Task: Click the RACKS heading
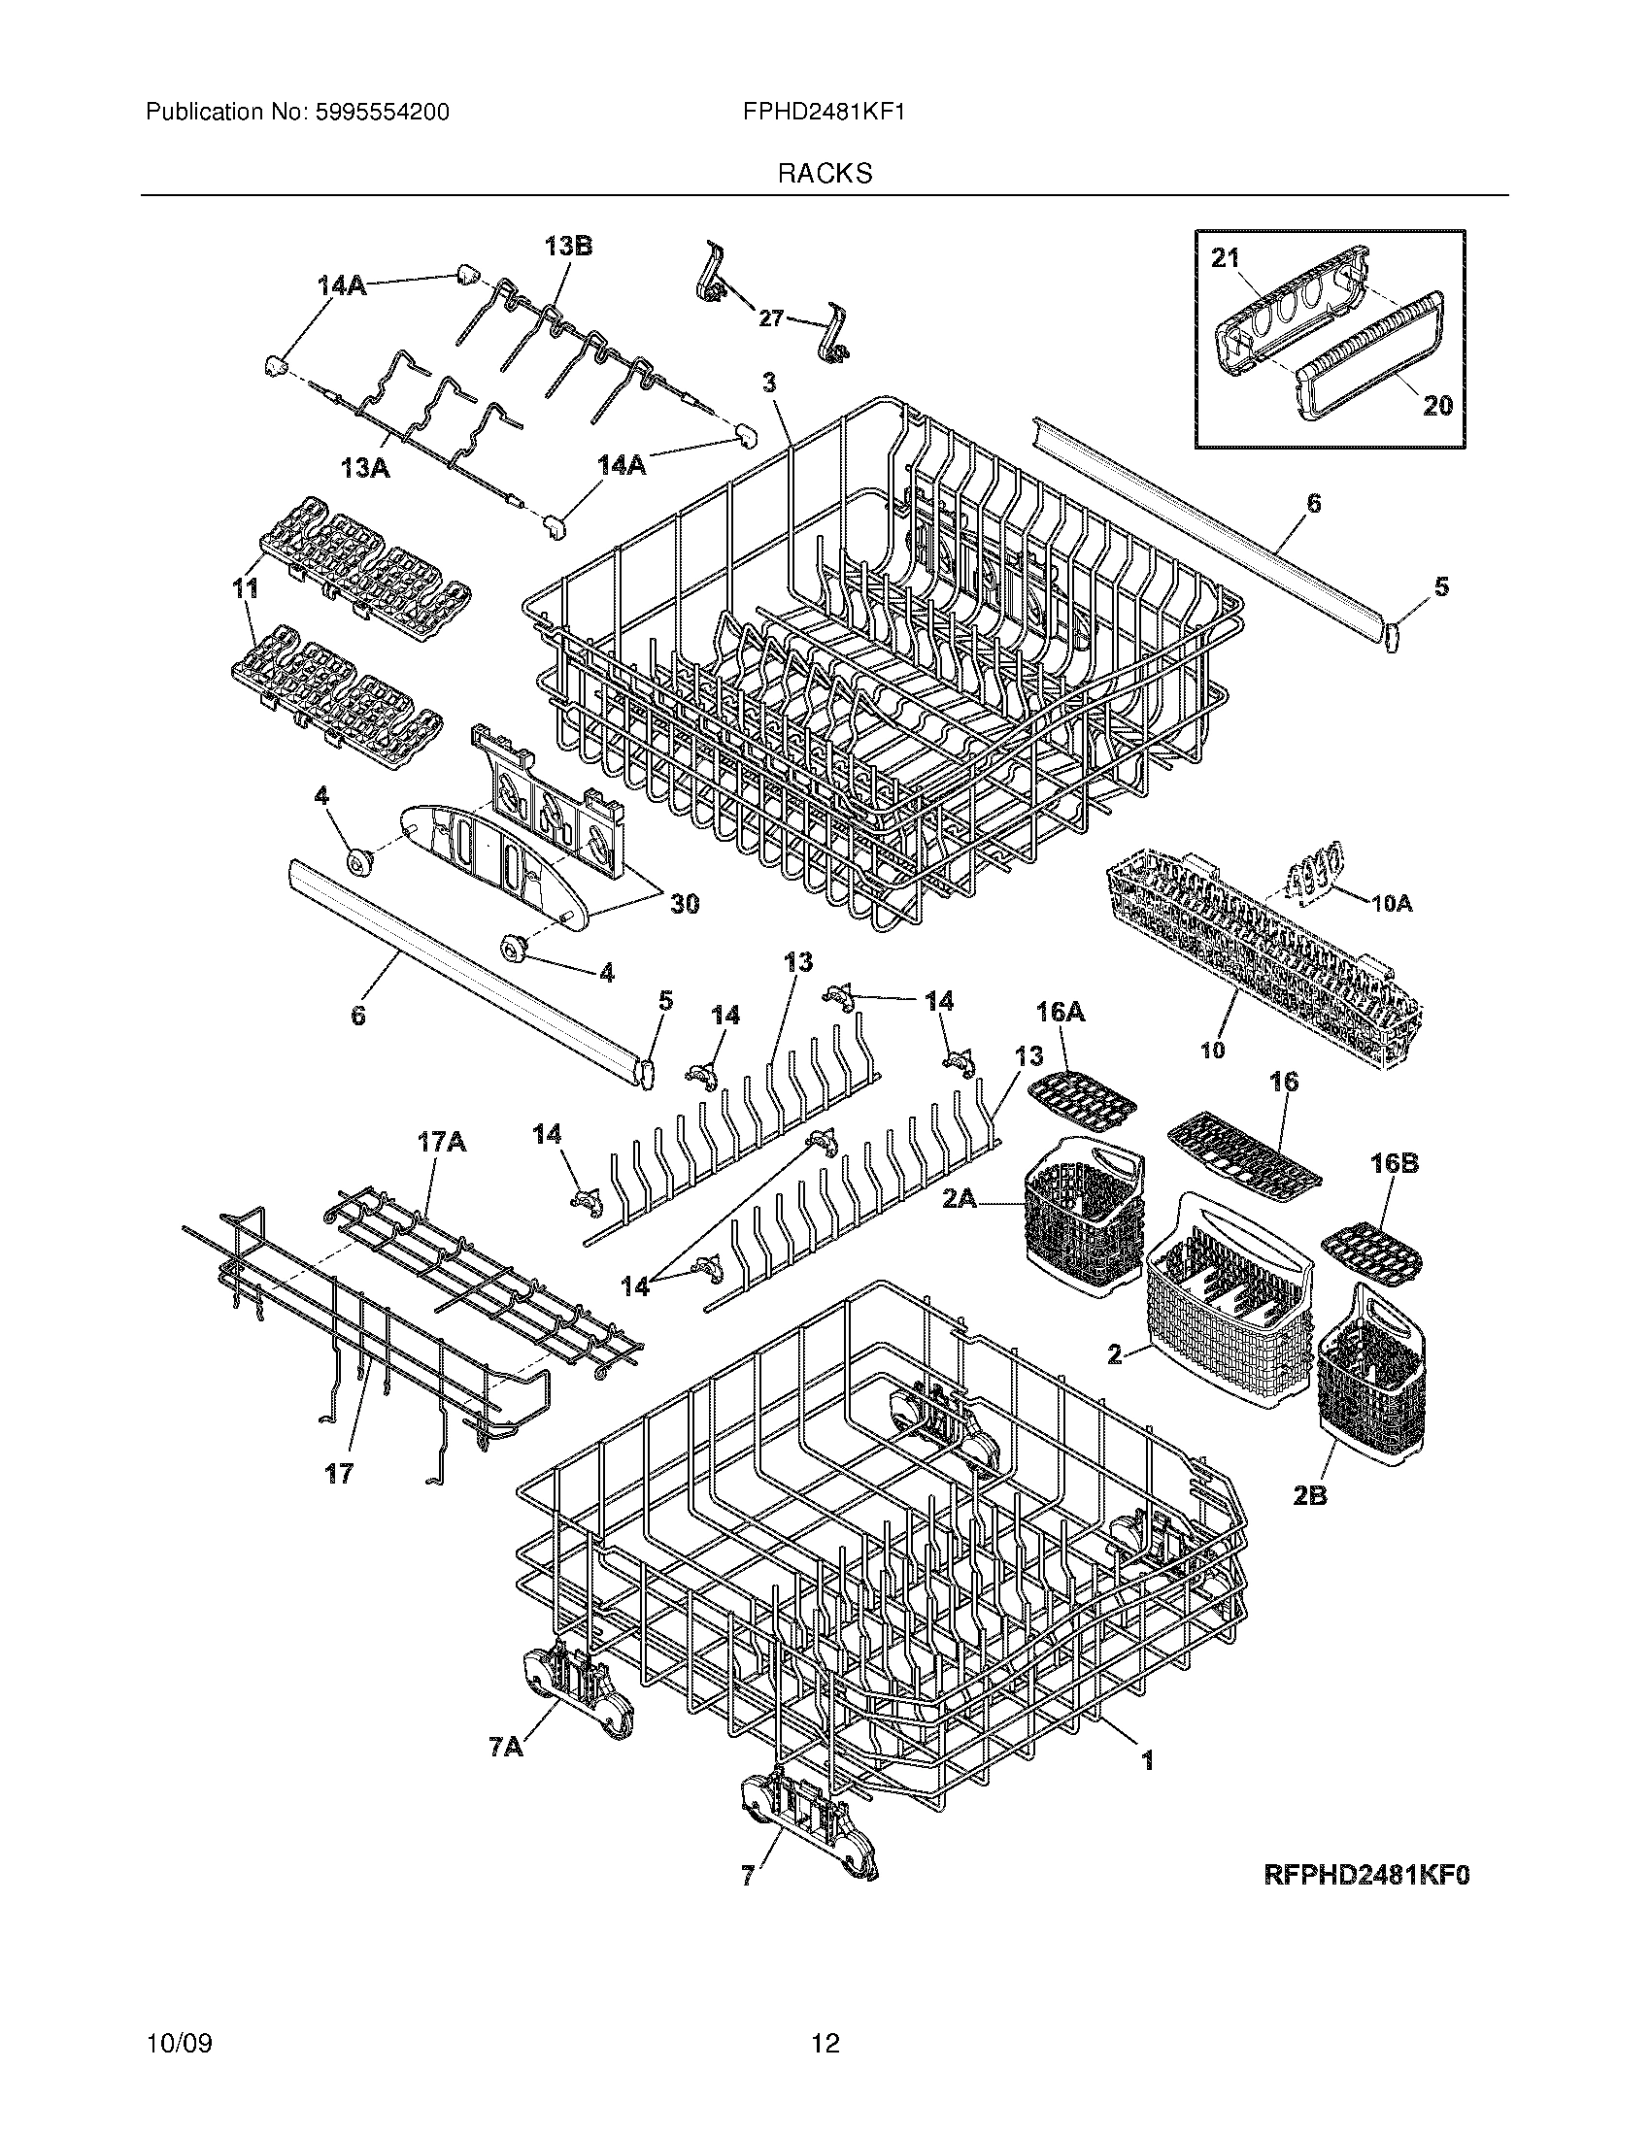tap(825, 173)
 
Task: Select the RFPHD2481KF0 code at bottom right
tap(1367, 1874)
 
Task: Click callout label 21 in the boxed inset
tap(1226, 258)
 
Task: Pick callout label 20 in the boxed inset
tap(1436, 405)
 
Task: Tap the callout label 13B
tap(568, 246)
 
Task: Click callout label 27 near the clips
tap(771, 317)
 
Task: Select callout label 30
tap(685, 905)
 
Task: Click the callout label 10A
tap(1392, 905)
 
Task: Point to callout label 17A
tap(442, 1142)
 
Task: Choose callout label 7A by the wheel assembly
tap(506, 1746)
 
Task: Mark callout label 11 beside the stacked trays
tap(246, 588)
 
